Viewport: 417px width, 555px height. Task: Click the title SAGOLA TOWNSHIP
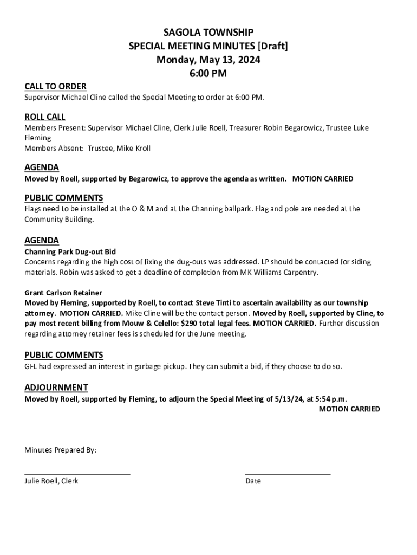pos(208,33)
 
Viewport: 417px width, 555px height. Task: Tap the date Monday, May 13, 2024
pos(208,60)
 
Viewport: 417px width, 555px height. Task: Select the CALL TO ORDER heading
pos(55,87)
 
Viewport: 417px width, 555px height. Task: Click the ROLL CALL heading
pos(45,117)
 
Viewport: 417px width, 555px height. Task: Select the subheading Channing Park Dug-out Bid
pos(70,251)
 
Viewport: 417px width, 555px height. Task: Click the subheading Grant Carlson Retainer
pos(63,293)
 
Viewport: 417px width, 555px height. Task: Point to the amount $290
pos(192,324)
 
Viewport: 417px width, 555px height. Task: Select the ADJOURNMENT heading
pos(56,388)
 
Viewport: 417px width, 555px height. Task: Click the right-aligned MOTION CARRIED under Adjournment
pos(349,409)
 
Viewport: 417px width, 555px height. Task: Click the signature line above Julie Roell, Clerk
pos(77,474)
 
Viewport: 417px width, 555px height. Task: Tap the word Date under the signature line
pos(253,481)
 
